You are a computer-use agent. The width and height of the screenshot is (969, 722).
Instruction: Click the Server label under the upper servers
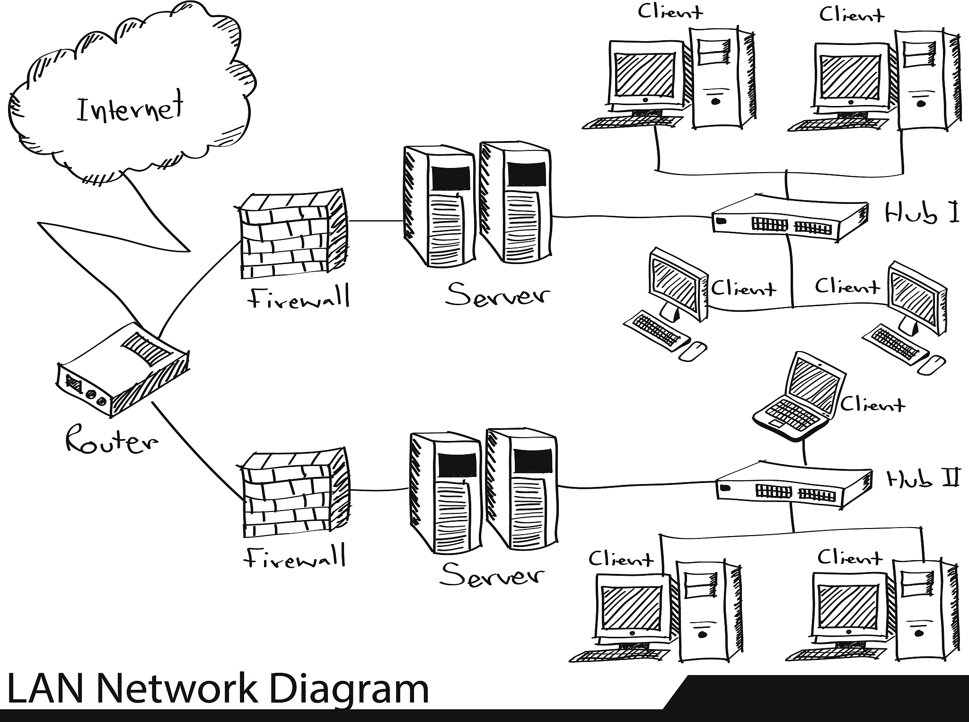(498, 294)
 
